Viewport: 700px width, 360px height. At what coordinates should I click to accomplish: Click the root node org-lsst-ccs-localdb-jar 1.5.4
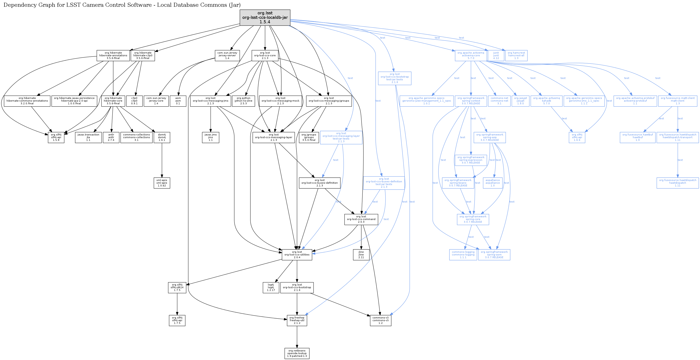click(265, 18)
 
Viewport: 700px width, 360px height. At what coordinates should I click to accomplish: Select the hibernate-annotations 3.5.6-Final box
click(113, 55)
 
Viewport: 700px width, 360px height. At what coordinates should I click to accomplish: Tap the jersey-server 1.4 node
click(227, 55)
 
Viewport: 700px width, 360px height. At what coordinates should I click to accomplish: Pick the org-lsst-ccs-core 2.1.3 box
click(265, 55)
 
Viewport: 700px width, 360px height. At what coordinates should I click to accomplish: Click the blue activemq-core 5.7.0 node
click(471, 55)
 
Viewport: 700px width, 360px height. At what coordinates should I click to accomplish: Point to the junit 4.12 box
click(496, 55)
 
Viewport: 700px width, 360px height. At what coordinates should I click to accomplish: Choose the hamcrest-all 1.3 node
click(516, 55)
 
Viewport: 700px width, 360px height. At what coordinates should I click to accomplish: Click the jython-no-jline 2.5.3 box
click(243, 101)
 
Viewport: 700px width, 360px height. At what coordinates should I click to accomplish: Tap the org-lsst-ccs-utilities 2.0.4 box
click(297, 255)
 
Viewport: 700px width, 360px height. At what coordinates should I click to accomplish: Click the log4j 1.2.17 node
click(271, 287)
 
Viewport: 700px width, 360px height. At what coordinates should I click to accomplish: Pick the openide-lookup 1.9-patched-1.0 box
click(297, 353)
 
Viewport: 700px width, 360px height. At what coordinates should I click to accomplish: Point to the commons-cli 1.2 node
click(380, 320)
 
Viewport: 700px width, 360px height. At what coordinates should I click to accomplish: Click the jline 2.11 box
click(361, 255)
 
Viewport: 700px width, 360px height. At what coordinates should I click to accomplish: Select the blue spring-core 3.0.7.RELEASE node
click(473, 219)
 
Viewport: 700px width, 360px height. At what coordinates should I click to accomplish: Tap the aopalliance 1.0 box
click(492, 183)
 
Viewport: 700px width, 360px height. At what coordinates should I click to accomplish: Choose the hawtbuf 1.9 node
click(637, 137)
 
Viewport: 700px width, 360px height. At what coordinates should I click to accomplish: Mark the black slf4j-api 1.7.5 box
click(177, 320)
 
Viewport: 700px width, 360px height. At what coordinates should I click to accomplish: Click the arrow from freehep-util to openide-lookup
click(297, 337)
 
